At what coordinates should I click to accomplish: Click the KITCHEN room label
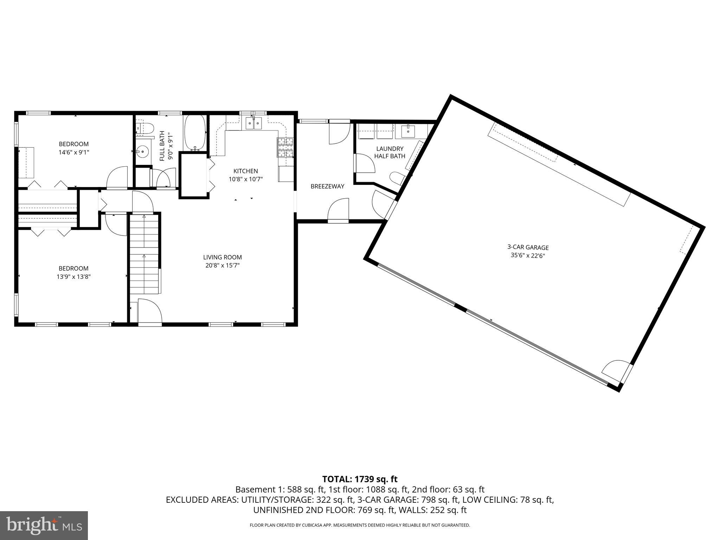point(245,171)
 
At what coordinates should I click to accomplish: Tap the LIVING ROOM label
point(222,257)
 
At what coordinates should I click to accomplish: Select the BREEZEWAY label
point(327,186)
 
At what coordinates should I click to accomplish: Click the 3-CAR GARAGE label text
point(528,247)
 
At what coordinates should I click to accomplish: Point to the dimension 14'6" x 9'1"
point(73,153)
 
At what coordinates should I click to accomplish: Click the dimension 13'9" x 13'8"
point(73,277)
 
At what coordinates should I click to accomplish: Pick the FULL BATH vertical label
point(162,146)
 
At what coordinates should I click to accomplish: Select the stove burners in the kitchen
point(285,147)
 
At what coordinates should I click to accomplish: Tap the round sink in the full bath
point(142,152)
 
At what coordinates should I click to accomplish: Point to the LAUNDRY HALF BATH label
point(390,152)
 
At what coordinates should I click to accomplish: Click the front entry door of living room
point(149,311)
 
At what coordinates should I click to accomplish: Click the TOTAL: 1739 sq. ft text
point(360,479)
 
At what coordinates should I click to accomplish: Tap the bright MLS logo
point(44,526)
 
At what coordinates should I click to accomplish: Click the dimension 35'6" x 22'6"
point(528,256)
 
